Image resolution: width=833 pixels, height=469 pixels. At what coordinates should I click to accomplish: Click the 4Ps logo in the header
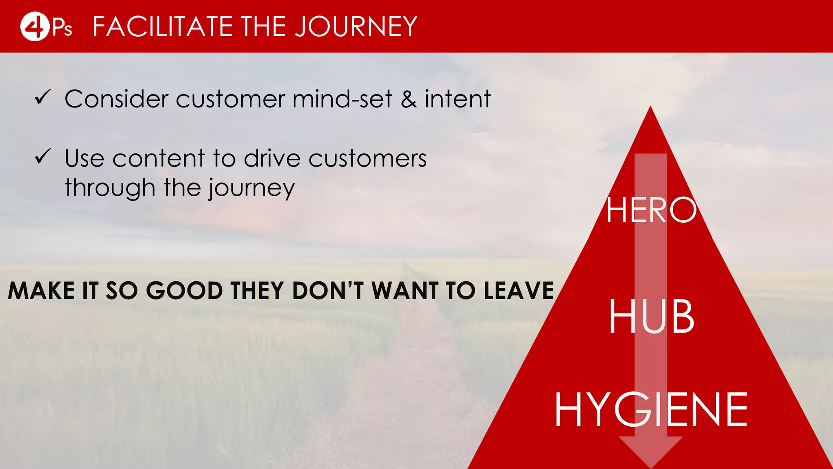coord(46,26)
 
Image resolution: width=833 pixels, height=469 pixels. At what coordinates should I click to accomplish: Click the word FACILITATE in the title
coord(163,27)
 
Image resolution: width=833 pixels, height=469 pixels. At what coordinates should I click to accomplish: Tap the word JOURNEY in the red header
coord(355,27)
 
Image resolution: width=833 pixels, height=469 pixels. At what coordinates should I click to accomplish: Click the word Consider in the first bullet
coord(116,99)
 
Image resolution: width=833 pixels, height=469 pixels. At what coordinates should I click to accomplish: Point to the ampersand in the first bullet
coord(409,99)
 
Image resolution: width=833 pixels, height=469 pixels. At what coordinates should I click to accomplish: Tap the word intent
coord(458,99)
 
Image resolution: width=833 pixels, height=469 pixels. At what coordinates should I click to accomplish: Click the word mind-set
coord(342,99)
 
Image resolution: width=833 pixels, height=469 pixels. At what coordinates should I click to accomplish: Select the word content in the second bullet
coord(159,158)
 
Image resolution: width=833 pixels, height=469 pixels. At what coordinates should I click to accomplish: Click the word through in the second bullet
coord(110,188)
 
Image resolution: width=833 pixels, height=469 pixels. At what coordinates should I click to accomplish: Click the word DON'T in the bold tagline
coord(327,291)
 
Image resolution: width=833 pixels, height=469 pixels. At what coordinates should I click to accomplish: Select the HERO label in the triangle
coord(651,210)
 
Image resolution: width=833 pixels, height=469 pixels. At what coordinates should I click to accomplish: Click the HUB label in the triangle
coord(651,316)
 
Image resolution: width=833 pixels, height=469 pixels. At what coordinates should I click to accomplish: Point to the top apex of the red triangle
coord(650,108)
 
